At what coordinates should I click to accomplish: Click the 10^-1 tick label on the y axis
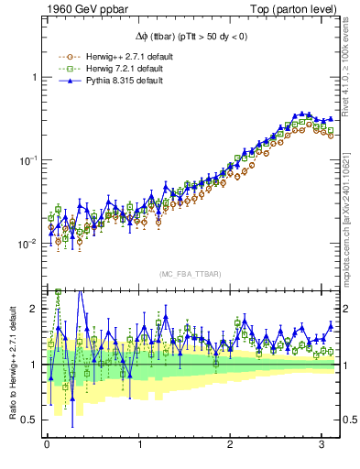coord(28,160)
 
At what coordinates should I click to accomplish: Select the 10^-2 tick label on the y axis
coord(28,244)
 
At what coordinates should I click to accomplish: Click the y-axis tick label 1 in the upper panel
coord(35,77)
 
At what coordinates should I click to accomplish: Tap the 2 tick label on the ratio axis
coord(35,309)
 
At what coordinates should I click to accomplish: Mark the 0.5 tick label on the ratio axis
coord(29,420)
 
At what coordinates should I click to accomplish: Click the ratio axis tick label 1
coord(35,365)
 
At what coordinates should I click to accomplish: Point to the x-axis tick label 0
coord(47,445)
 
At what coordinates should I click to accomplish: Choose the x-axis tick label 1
coord(139,445)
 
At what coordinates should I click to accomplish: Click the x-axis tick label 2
coord(232,445)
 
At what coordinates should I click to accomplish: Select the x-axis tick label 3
coord(324,445)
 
